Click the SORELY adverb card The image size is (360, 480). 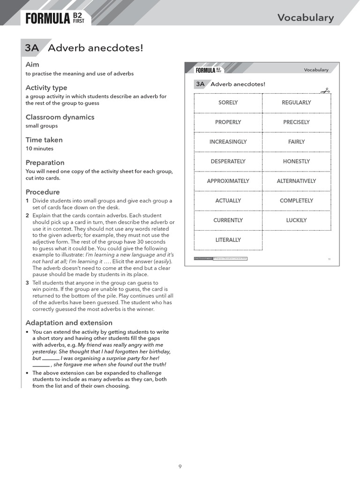tap(228, 103)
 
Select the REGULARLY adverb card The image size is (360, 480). tap(296, 103)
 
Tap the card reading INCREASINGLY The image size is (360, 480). tap(228, 142)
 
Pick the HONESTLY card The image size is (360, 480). tap(296, 162)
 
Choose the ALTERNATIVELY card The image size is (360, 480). tap(296, 181)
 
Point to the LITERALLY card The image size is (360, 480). tap(228, 240)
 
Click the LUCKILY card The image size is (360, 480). tap(296, 220)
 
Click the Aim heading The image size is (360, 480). tap(32, 64)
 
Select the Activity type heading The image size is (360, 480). tap(46, 88)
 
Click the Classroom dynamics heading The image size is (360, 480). tap(60, 117)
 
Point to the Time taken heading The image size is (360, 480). tap(44, 140)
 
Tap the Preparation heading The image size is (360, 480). tap(45, 163)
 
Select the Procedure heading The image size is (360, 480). tap(43, 192)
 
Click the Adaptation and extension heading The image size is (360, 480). tap(69, 323)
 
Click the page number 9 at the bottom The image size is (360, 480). tap(180, 466)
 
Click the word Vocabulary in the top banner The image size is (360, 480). tap(306, 18)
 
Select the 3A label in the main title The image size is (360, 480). tap(32, 48)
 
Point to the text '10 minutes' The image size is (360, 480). tap(39, 149)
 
